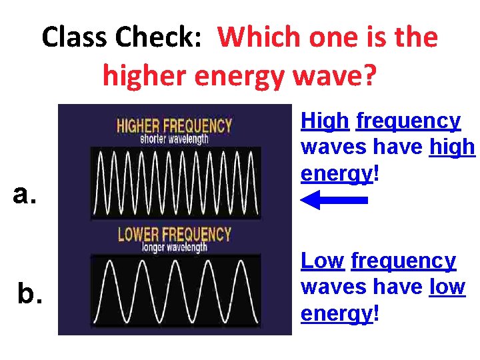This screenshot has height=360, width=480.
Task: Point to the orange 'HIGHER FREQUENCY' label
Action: pos(175,125)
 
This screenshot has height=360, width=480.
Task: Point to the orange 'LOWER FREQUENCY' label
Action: pos(175,235)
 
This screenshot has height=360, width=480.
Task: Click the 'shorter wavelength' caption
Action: pos(175,139)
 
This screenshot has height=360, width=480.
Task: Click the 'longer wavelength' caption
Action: pos(175,247)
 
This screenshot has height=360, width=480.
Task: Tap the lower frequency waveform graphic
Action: pos(175,292)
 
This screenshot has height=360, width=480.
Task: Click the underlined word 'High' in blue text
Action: pos(325,121)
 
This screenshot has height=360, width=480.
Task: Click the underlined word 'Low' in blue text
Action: pos(322,261)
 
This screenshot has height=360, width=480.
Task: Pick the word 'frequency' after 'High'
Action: pos(408,121)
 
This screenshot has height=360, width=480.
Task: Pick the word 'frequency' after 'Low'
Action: pos(403,261)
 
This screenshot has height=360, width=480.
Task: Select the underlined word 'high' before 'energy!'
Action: pos(453,147)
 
